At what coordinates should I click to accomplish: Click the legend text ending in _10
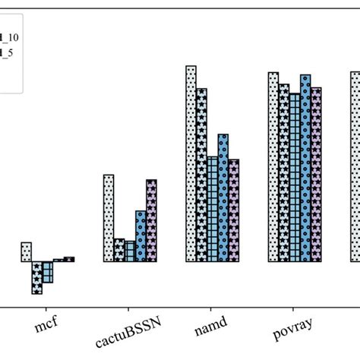[11, 36]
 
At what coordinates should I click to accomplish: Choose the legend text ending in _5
[8, 53]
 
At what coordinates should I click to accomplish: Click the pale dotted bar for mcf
[26, 252]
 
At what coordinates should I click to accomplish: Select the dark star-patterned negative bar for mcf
[36, 277]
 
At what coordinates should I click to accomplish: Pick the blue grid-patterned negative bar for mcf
[48, 272]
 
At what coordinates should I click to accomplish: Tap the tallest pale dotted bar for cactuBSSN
[109, 219]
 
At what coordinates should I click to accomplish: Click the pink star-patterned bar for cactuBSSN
[151, 221]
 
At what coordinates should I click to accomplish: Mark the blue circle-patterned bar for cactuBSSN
[141, 236]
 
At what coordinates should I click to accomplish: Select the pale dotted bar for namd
[191, 164]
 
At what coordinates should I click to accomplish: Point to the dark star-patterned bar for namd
[201, 175]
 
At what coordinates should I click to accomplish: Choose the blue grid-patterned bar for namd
[213, 209]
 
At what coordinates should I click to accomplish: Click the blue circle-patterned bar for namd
[223, 198]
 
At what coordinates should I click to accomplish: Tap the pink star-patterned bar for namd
[234, 210]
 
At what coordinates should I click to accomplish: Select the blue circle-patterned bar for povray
[305, 168]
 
